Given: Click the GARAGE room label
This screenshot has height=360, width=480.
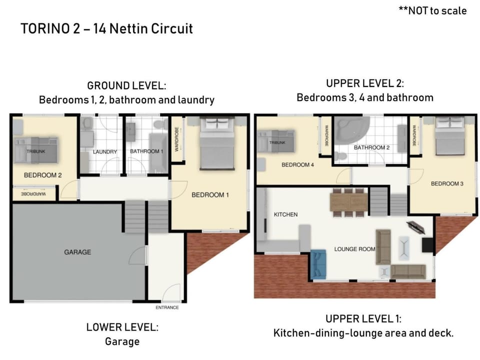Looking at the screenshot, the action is point(77,252).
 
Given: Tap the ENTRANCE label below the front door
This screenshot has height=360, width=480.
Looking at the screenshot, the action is point(167,307).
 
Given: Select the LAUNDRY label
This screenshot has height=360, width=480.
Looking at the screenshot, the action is point(105,151).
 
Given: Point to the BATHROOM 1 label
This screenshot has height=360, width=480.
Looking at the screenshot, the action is point(146,151).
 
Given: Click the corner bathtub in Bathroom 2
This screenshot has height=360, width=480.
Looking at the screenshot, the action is point(351,130).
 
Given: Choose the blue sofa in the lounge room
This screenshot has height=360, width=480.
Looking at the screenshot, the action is point(318,264).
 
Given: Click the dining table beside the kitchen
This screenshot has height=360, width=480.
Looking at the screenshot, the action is point(348,202).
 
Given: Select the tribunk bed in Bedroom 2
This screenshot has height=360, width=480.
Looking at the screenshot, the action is point(36,150).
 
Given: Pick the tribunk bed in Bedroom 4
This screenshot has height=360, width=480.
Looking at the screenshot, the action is point(276,141).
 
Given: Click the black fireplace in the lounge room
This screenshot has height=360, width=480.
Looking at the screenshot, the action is point(427,245).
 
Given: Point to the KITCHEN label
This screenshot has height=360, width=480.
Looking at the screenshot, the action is point(285,214).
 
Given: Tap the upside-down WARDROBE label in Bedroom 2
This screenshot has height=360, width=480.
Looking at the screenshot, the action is point(33,194).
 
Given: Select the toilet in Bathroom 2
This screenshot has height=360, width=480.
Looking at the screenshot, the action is point(340,156).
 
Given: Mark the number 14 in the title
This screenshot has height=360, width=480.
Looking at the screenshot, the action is point(100,28).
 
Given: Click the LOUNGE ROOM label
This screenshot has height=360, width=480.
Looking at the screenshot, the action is point(354,249).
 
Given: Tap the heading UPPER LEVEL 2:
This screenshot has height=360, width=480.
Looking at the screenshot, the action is point(365,83).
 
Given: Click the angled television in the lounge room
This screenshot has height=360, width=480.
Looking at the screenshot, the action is point(415,227).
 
